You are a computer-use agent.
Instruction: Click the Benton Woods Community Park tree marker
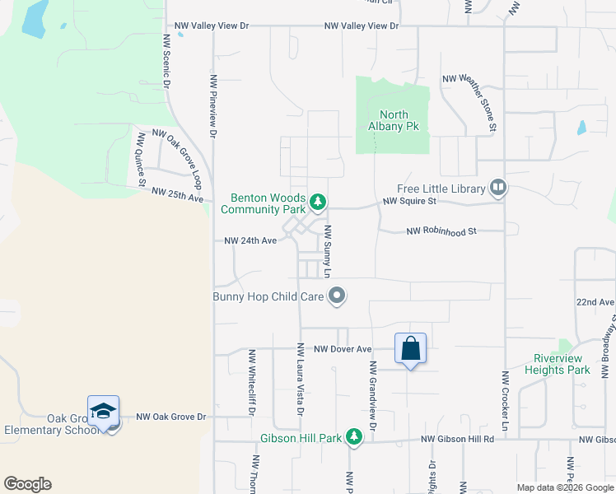click(318, 200)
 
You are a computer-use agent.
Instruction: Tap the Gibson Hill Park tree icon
click(354, 436)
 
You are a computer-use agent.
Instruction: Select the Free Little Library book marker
click(497, 189)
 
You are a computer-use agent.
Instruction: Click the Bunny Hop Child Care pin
click(336, 296)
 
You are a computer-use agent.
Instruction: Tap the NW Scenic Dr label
click(166, 61)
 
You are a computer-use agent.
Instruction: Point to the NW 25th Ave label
click(177, 194)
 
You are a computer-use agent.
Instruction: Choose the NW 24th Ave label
click(250, 241)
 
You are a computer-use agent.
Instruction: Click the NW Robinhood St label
click(441, 232)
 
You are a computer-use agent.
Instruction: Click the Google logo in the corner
click(27, 483)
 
